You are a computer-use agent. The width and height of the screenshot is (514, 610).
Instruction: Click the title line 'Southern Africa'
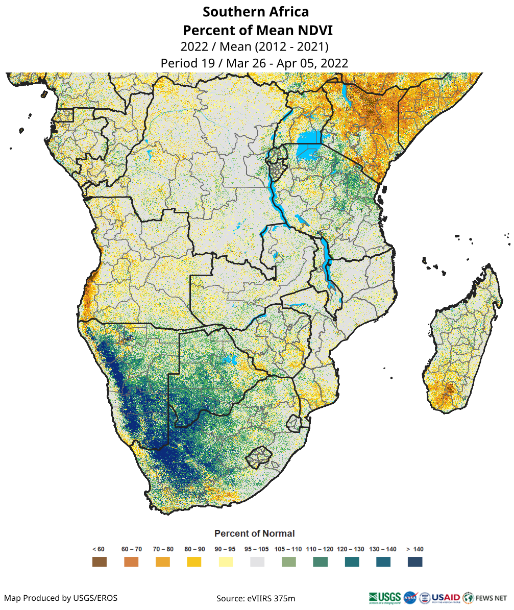256,11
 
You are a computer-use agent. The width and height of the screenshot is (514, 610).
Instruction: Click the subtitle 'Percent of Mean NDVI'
256,30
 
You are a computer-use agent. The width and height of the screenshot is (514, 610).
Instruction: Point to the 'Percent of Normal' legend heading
254,533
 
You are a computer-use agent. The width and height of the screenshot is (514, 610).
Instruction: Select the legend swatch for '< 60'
99,562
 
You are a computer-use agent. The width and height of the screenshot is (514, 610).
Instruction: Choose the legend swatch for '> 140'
415,562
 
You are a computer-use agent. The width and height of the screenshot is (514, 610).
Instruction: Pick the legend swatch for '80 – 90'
194,562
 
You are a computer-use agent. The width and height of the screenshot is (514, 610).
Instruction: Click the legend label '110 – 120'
320,549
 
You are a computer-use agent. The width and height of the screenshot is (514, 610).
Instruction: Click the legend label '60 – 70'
131,549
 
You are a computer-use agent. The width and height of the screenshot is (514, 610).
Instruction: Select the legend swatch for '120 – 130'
352,562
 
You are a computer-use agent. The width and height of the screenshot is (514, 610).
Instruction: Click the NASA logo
410,597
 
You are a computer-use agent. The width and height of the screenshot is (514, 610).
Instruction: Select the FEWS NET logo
485,597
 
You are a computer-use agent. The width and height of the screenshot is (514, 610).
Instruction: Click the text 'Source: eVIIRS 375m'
256,598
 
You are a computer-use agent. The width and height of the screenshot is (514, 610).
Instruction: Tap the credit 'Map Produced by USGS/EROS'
61,598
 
